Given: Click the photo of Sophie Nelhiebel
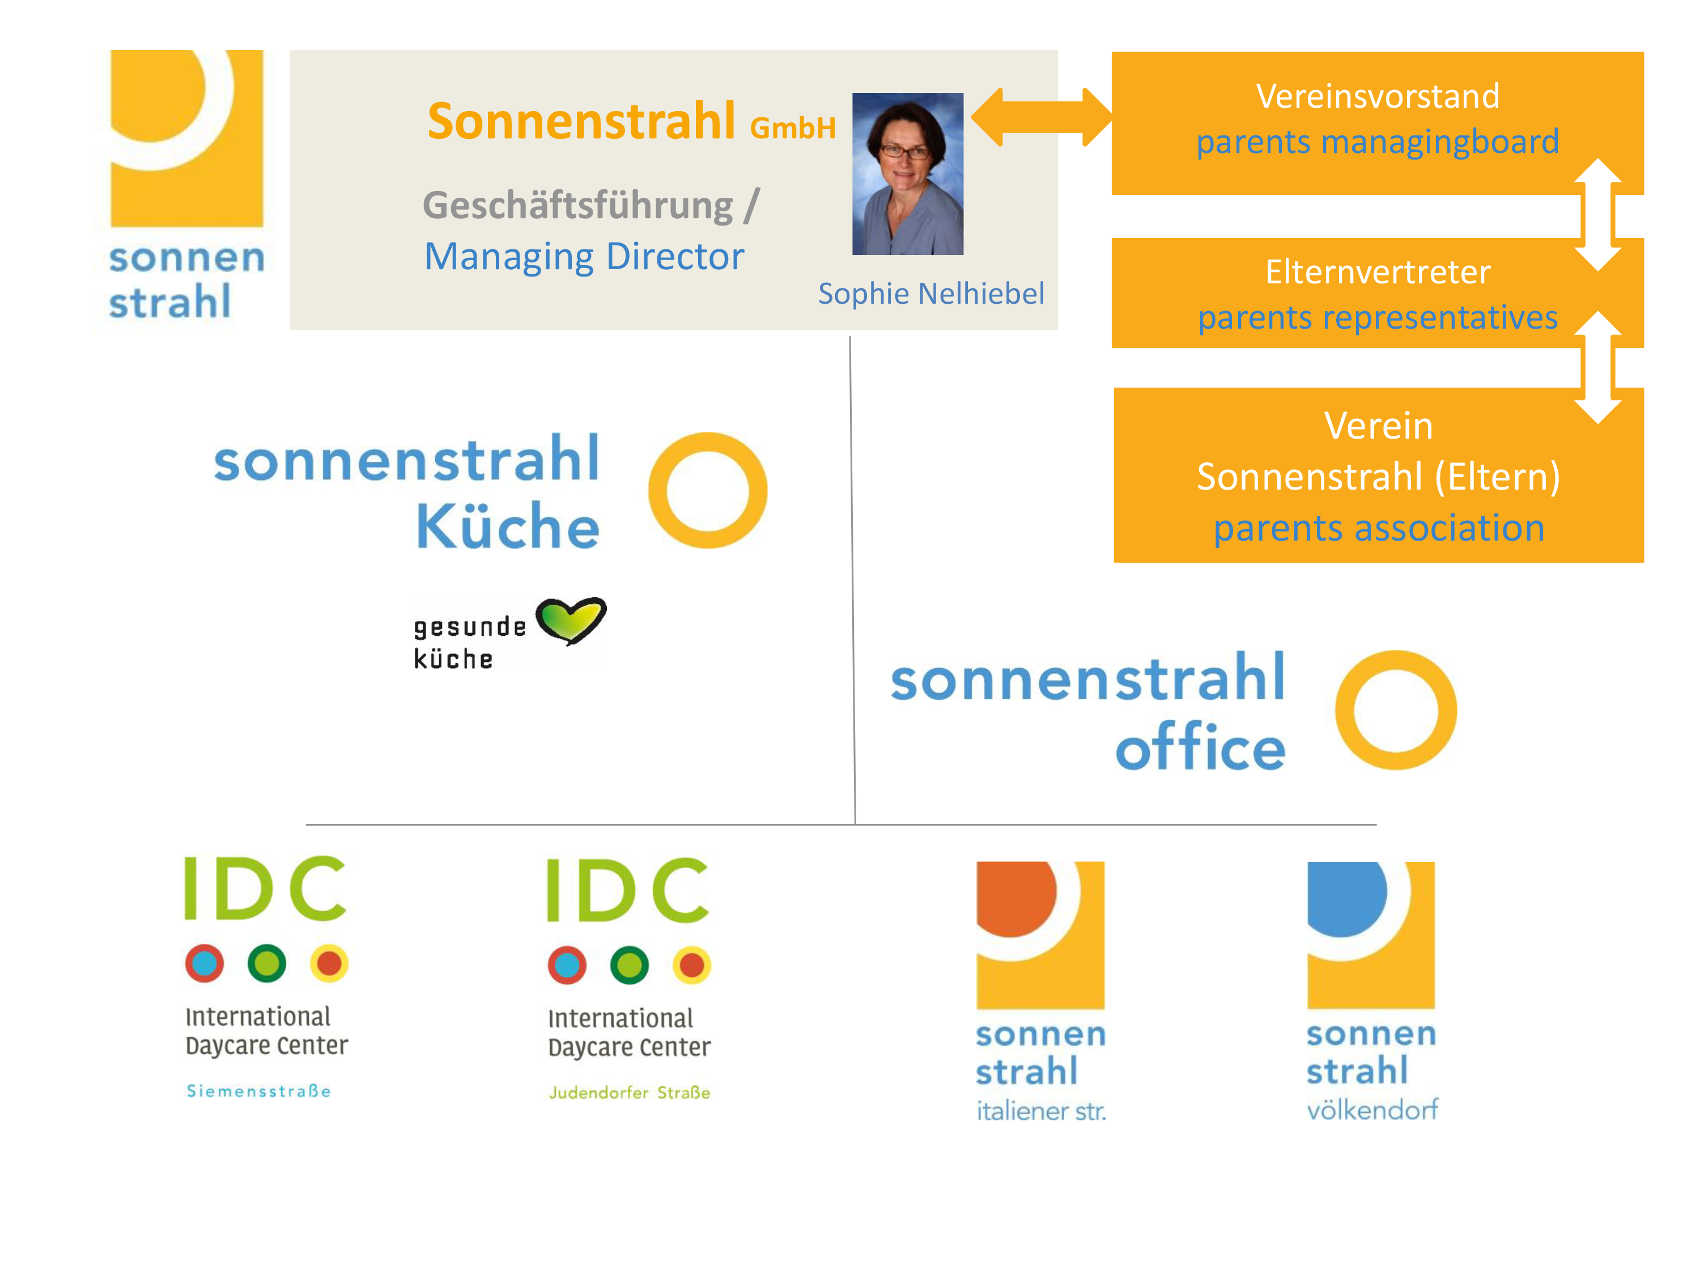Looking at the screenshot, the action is [908, 174].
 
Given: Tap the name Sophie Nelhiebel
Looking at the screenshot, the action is [930, 294].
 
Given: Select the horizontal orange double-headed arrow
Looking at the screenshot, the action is [1042, 117].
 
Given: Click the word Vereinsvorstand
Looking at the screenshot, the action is [1377, 97].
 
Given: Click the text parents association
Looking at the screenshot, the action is [1379, 528].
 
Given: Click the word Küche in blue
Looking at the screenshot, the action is [507, 526].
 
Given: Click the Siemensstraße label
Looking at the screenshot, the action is [258, 1091].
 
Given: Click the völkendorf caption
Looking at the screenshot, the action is [1372, 1109].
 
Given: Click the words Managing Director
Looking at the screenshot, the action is [584, 257].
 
